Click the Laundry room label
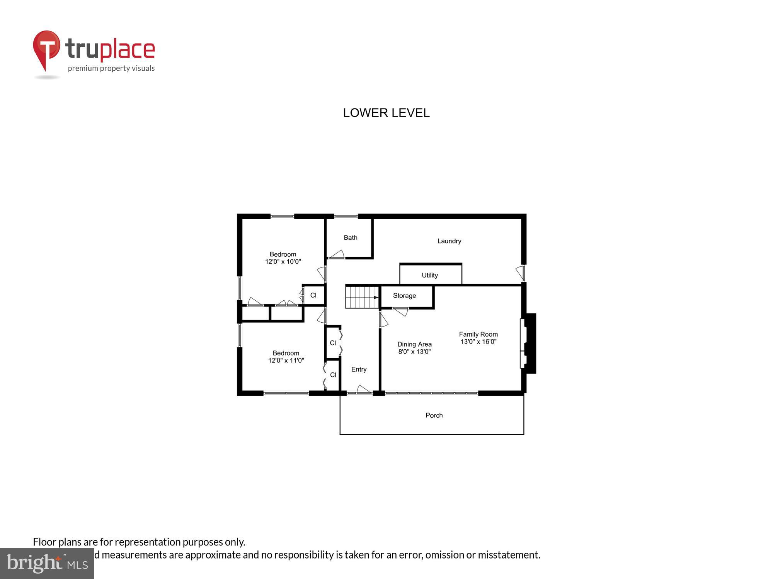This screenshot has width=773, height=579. pos(449,241)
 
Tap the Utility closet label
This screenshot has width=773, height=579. pos(430,275)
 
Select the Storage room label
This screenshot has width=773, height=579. pos(404,296)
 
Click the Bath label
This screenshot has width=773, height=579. pos(351,238)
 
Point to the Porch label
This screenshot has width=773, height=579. pos(434,415)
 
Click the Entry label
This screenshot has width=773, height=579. pos(359,369)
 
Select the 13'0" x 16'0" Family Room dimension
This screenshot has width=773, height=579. pos(478,342)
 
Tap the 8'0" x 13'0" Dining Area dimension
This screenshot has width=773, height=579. pos(414,352)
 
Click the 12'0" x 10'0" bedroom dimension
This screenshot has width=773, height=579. pos(283,262)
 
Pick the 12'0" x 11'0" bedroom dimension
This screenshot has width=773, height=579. pos(286,361)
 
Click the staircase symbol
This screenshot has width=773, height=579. pos(362,297)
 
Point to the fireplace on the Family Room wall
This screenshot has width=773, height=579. pos(528,343)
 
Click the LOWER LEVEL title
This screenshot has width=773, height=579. pos(386,113)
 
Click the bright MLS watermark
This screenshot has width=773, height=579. pos(47,564)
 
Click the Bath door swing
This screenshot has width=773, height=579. pos(337,254)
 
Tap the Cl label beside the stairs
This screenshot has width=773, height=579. pos(313,295)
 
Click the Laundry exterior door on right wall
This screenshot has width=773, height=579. pos(521,273)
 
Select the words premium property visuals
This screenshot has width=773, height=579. pos(111,69)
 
